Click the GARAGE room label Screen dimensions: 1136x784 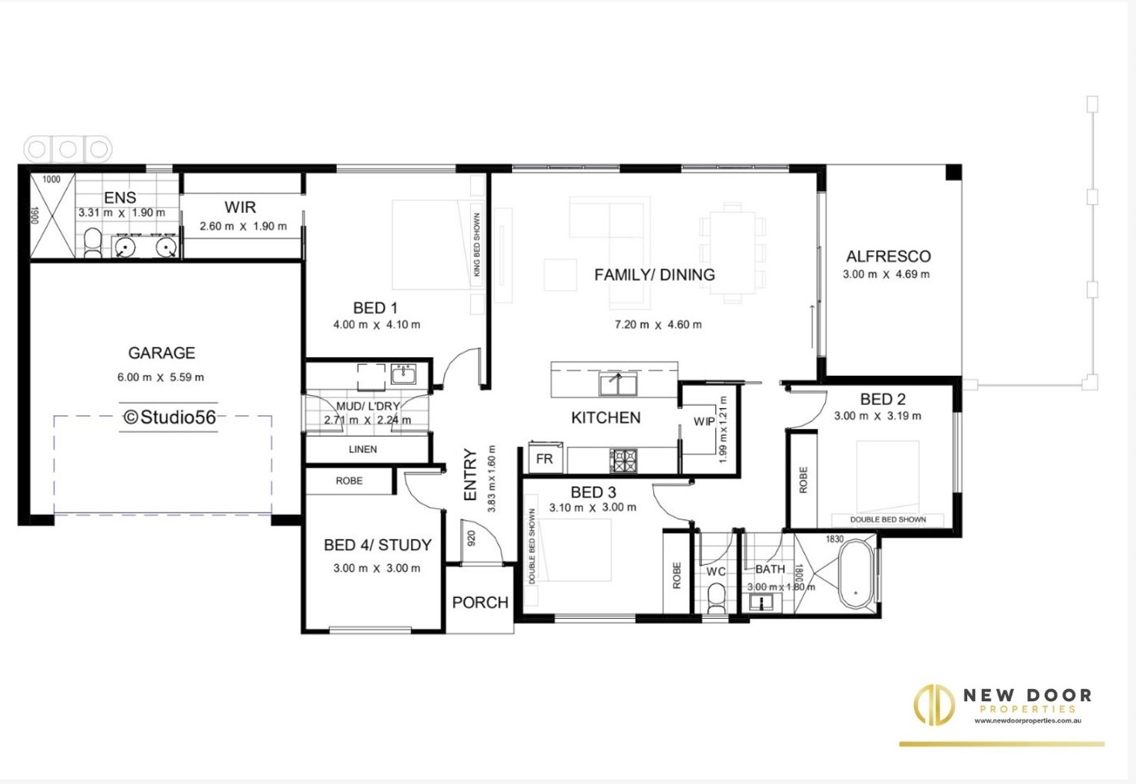(161, 353)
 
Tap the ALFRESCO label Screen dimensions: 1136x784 (889, 256)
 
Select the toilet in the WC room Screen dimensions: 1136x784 (716, 598)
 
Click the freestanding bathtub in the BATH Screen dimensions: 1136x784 (856, 574)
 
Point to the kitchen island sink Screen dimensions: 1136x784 (618, 384)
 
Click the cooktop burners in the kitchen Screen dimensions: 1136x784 (623, 460)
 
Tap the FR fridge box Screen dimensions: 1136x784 (545, 458)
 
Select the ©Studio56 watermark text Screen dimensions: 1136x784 (170, 417)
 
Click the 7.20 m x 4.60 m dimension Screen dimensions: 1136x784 (658, 324)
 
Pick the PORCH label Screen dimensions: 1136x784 (480, 602)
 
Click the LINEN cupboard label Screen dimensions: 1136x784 (362, 449)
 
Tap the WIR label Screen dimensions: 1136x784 (240, 207)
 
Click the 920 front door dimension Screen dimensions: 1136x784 (471, 537)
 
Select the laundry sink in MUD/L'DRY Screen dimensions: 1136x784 (404, 374)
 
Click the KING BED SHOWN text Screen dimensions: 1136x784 (476, 244)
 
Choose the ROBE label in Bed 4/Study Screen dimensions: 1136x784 (349, 481)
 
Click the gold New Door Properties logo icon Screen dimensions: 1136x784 (934, 704)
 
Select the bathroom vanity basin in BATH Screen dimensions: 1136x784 (761, 602)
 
